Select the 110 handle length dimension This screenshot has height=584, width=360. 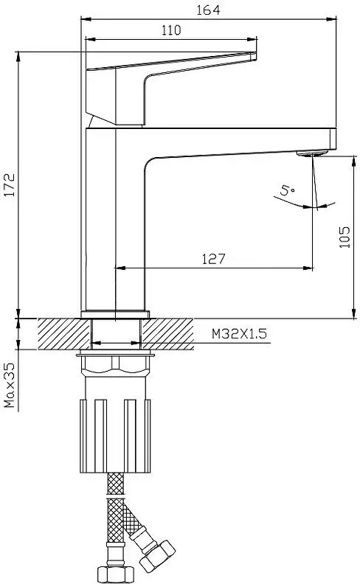tap(170, 29)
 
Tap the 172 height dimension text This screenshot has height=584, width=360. tap(10, 187)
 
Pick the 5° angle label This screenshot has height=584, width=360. tap(287, 192)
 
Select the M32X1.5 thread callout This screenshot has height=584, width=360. tap(238, 334)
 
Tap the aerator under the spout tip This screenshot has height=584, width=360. tap(313, 154)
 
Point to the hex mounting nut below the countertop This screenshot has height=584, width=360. tap(118, 365)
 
